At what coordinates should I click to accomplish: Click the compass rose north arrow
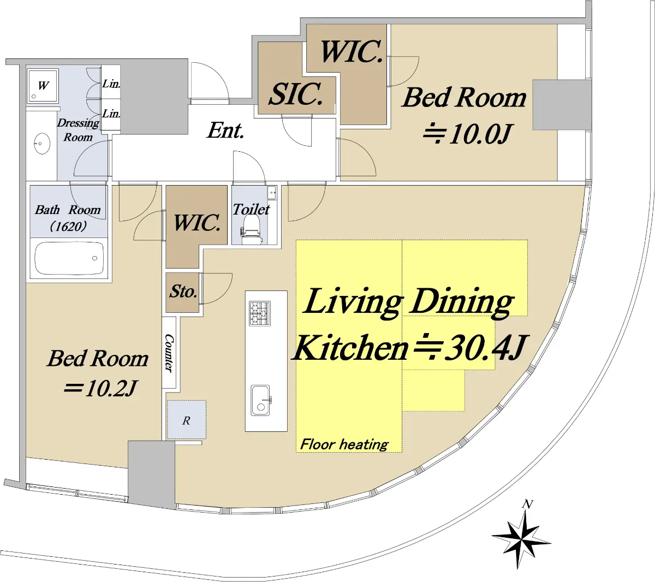521,538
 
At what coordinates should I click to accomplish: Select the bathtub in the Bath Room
69,258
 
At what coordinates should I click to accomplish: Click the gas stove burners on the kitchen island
260,313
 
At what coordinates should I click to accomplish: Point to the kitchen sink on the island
261,401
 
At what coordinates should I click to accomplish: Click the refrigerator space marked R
187,420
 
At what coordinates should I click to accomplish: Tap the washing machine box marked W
43,85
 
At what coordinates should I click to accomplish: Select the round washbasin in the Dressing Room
41,144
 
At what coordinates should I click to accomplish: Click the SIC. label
296,94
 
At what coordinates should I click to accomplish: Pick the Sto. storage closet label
183,292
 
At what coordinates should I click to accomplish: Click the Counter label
169,353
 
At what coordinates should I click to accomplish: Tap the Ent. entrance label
225,130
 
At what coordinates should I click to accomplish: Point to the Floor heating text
344,444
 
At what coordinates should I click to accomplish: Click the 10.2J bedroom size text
101,388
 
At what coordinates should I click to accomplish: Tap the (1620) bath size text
68,227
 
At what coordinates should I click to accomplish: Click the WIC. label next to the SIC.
352,51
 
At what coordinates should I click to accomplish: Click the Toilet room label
251,209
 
